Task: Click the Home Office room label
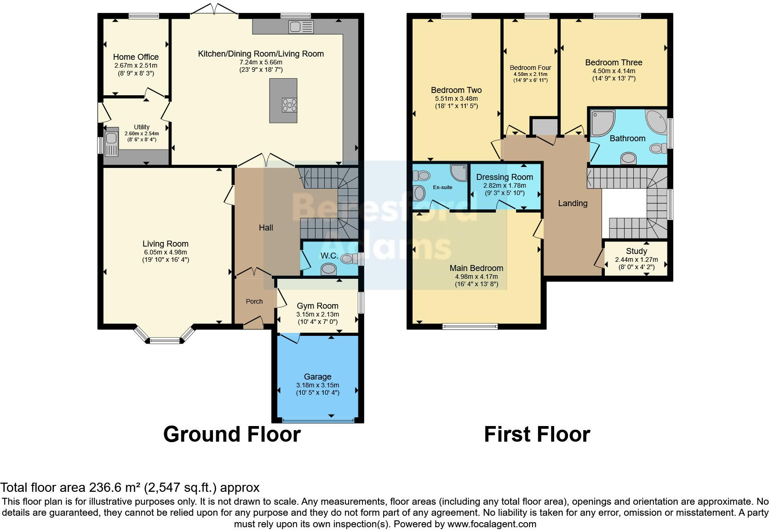point(136,57)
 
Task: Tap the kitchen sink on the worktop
point(301,27)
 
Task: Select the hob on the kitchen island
point(290,105)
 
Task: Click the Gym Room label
point(317,306)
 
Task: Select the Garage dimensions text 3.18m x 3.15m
point(317,385)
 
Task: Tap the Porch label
point(254,301)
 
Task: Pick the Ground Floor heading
point(232,434)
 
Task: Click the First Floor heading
point(537,434)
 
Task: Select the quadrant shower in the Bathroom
point(602,121)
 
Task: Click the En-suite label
point(442,187)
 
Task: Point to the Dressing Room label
point(505,177)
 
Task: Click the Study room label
point(636,251)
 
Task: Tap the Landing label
point(573,203)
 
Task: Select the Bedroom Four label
point(530,68)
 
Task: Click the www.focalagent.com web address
point(492,524)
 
